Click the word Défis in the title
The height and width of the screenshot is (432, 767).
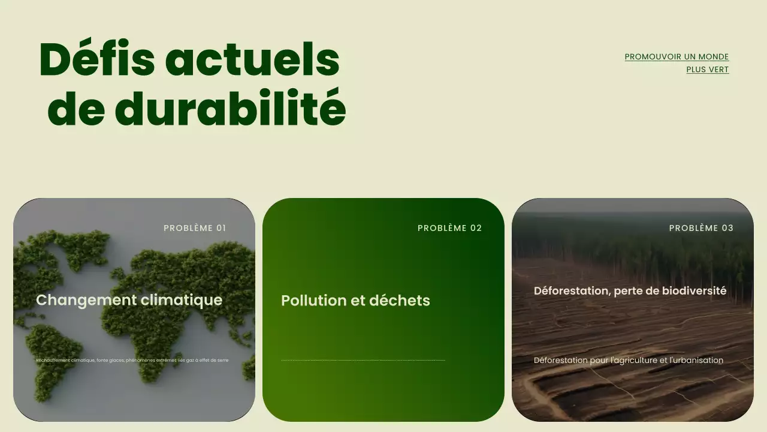click(x=96, y=60)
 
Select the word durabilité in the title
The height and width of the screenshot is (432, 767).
click(x=230, y=109)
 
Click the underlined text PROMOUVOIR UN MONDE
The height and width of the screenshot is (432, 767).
click(x=677, y=57)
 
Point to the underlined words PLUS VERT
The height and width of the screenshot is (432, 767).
click(x=707, y=70)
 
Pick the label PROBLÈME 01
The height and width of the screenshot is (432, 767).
click(x=195, y=228)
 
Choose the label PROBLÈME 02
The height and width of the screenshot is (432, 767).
click(x=449, y=228)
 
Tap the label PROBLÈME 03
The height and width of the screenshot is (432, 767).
click(x=701, y=228)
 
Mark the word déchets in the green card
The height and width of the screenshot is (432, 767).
click(x=400, y=301)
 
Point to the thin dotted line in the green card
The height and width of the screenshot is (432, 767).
click(x=363, y=361)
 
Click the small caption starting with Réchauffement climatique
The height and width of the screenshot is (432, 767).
click(x=132, y=361)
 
